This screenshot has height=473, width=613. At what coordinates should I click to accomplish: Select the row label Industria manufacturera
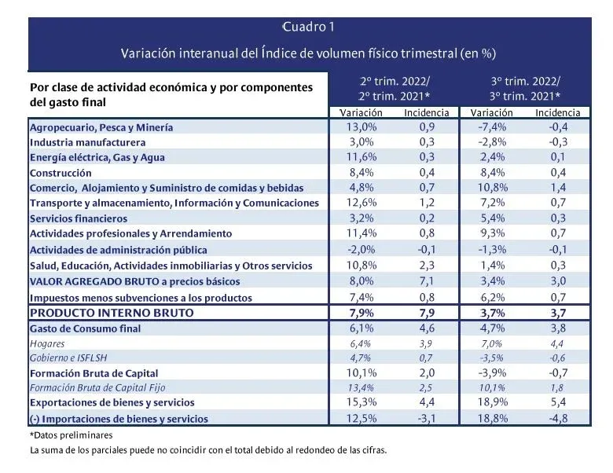pos(87,142)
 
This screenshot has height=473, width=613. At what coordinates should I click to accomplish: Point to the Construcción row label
pos(61,173)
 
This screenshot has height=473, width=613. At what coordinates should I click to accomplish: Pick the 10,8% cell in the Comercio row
pos(497,189)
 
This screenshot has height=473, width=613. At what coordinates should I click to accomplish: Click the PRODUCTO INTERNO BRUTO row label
pos(110,312)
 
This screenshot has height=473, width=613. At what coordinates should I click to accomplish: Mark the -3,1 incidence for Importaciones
pos(426,419)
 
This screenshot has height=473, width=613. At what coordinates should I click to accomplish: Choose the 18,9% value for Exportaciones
pos(497,403)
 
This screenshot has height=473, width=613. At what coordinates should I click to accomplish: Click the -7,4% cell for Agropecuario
pos(497,126)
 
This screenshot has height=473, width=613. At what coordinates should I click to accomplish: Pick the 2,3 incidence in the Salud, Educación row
pos(426,266)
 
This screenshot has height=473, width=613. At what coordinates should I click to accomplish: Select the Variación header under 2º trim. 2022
pos(361,113)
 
